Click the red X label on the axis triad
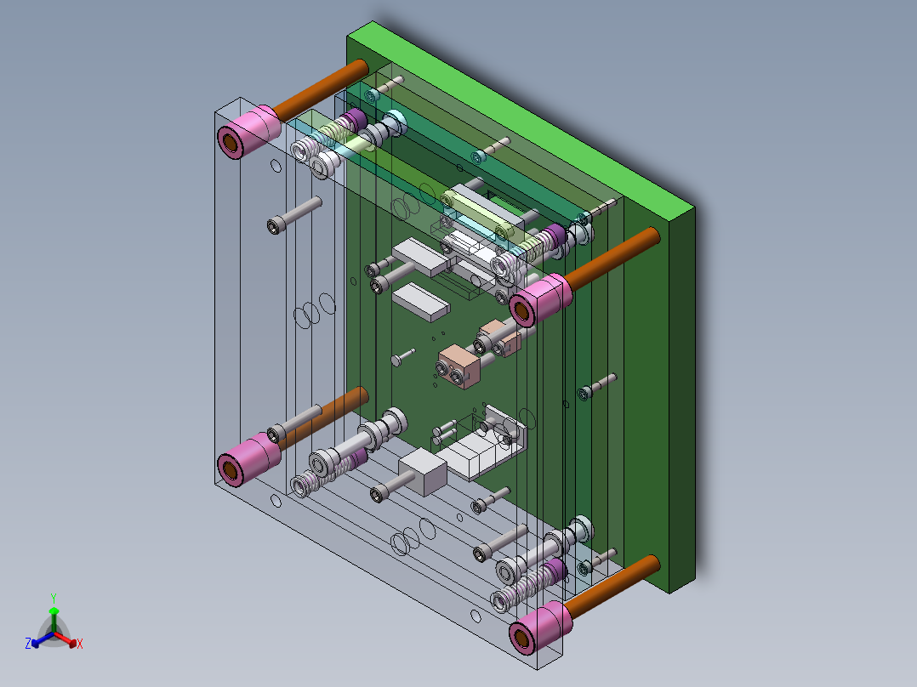pyautogui.click(x=80, y=644)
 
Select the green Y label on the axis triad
pyautogui.click(x=53, y=598)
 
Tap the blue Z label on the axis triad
pyautogui.click(x=28, y=644)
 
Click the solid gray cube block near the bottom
pyautogui.click(x=423, y=473)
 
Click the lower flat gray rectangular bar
pyautogui.click(x=419, y=300)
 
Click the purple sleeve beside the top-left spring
pyautogui.click(x=353, y=118)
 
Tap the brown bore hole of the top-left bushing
pyautogui.click(x=230, y=141)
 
